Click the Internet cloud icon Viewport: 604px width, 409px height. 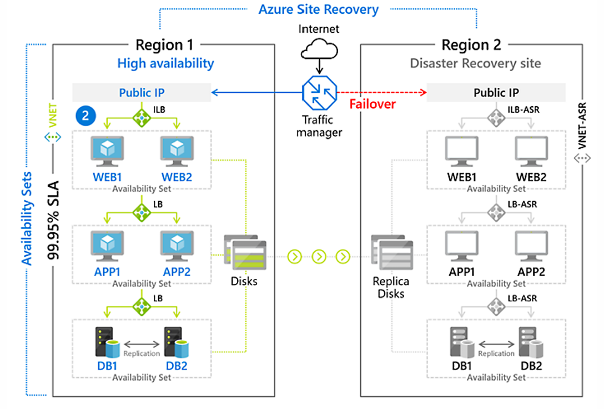click(x=319, y=49)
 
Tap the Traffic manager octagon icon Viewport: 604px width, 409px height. click(x=319, y=93)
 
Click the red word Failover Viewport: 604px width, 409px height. click(x=373, y=104)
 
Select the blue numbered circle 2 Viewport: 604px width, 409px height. click(x=85, y=116)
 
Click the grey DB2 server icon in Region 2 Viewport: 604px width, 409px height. click(x=531, y=342)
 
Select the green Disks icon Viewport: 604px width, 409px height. click(x=245, y=252)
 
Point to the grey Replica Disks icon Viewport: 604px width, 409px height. click(x=392, y=252)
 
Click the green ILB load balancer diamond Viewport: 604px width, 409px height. click(x=142, y=117)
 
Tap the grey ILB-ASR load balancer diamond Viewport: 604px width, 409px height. click(x=496, y=117)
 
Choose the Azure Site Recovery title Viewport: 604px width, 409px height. click(x=319, y=9)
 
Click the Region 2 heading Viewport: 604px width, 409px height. click(x=471, y=45)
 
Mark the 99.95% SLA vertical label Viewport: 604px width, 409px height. click(x=53, y=220)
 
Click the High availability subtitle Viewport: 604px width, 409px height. click(x=165, y=63)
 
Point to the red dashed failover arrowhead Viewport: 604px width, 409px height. click(x=424, y=92)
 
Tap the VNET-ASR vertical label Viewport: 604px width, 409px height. click(x=582, y=126)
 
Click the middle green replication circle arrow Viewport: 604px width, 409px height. click(x=319, y=256)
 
